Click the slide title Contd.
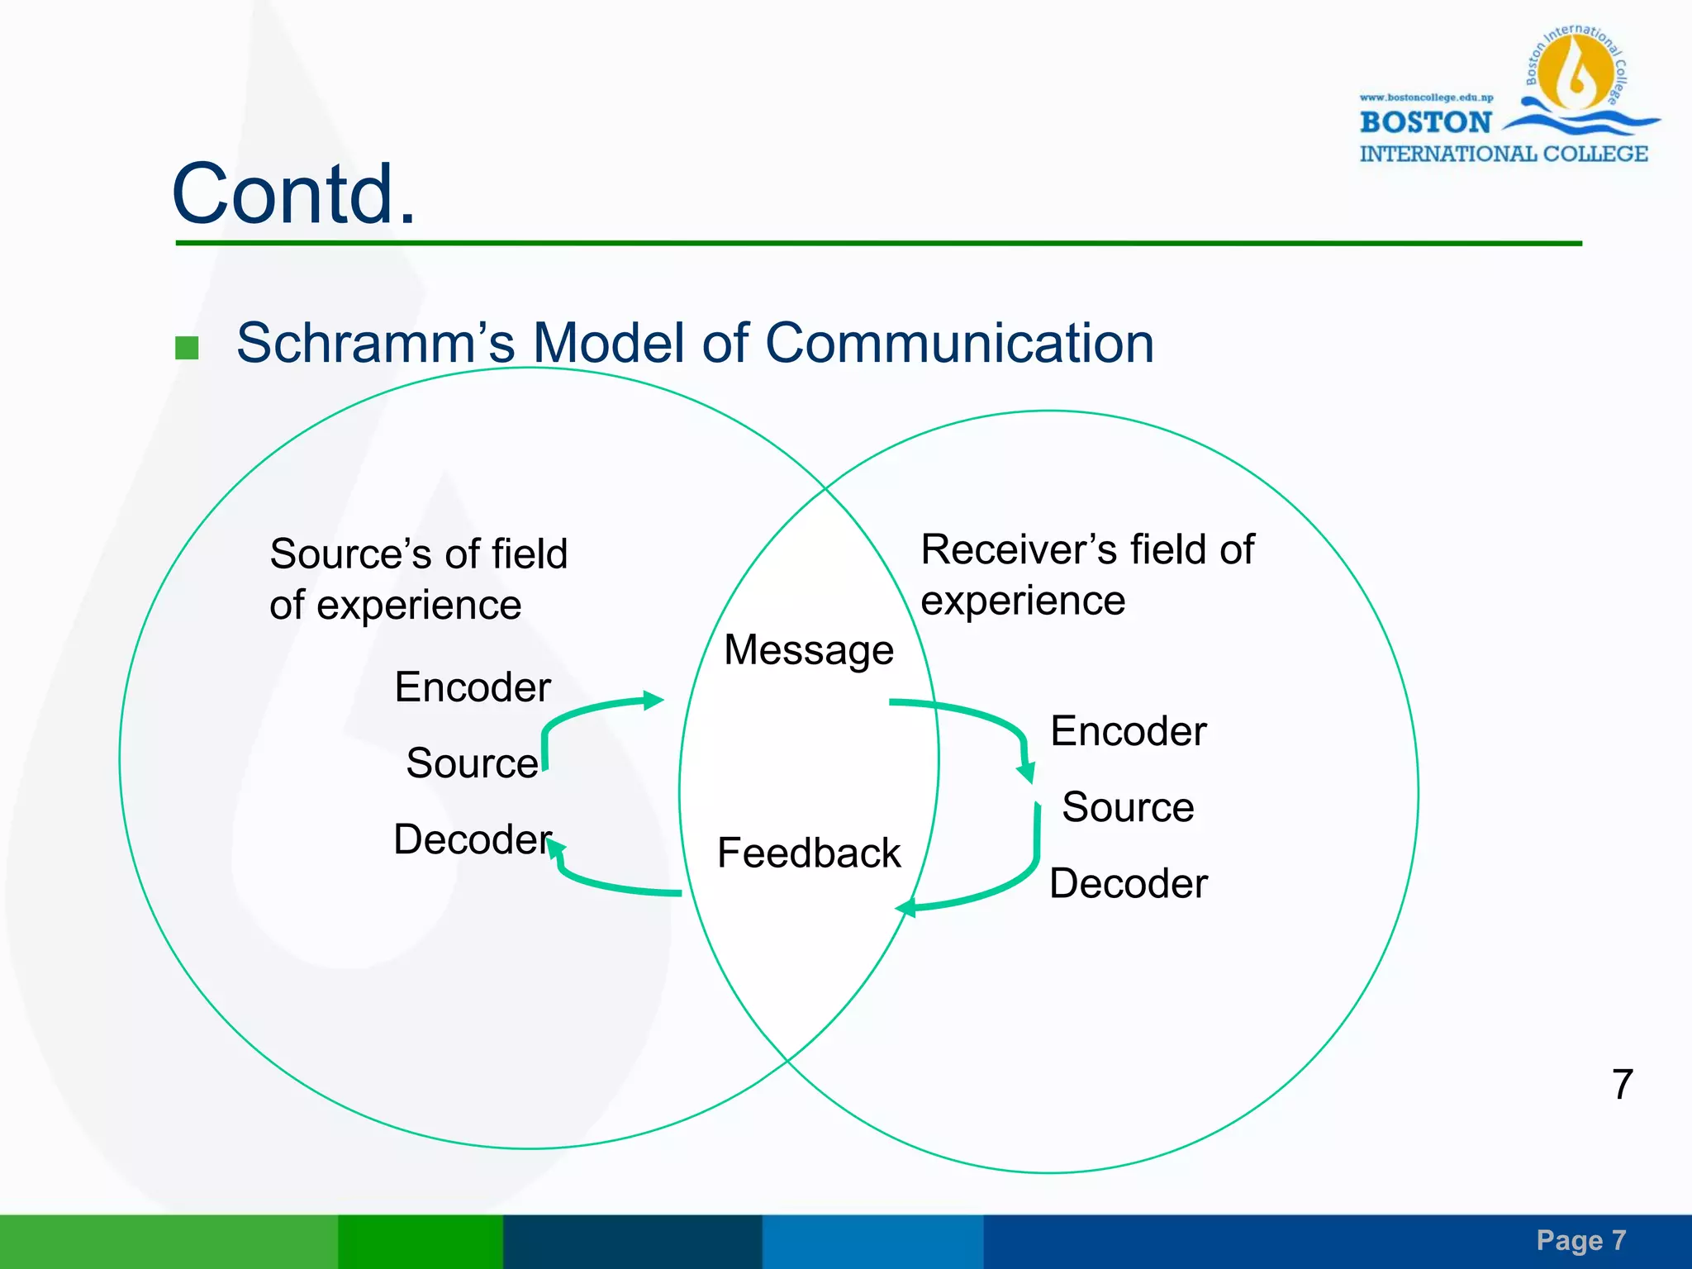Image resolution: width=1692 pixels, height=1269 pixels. (x=293, y=194)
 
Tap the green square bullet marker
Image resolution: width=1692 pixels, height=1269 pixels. (x=188, y=348)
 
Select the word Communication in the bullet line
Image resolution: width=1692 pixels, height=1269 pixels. (x=958, y=343)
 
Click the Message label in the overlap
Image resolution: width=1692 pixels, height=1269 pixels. (x=808, y=649)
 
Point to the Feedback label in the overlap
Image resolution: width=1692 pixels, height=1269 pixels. (x=808, y=853)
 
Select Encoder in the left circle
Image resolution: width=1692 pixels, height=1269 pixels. (x=472, y=687)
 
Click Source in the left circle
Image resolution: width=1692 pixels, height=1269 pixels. (x=471, y=763)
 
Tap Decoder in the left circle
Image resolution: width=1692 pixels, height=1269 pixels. (x=472, y=839)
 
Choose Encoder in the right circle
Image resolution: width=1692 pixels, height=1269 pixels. (x=1128, y=731)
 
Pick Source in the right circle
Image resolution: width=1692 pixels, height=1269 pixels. (x=1128, y=807)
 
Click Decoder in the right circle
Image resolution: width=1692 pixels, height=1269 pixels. (x=1128, y=883)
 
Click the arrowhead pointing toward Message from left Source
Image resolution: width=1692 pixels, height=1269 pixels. (x=654, y=701)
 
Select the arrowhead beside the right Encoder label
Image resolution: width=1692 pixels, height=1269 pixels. (x=1026, y=773)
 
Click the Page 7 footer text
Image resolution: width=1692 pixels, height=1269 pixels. (x=1580, y=1240)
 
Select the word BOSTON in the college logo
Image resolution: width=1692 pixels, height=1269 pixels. (x=1425, y=122)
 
